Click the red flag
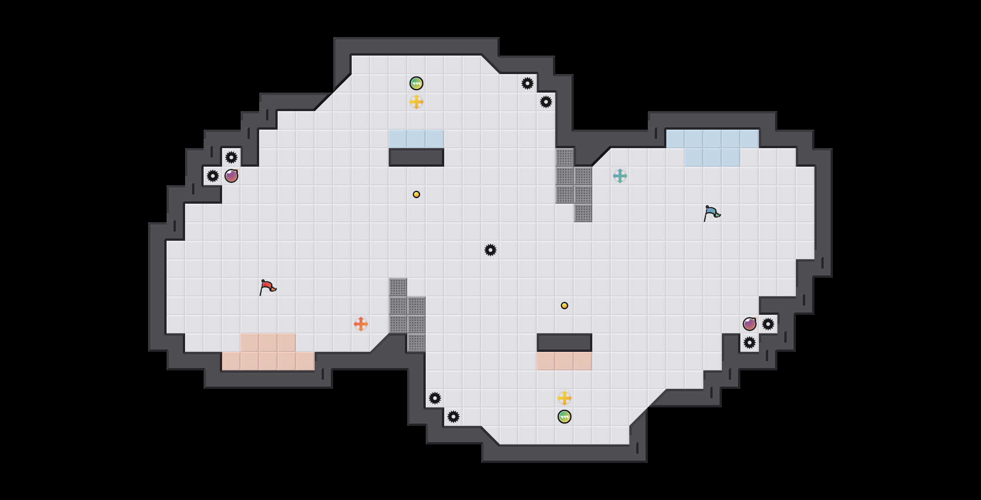[267, 287]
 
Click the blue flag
[712, 213]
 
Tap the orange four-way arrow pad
[361, 324]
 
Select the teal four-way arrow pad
[620, 176]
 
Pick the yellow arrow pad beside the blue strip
[416, 102]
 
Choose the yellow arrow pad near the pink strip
[565, 398]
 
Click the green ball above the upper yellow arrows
[416, 83]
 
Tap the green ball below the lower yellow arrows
[565, 417]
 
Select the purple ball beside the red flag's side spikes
[231, 176]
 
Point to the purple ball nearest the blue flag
[750, 324]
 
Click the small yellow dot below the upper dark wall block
[416, 194]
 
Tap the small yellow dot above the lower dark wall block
[565, 306]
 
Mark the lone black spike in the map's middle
[490, 250]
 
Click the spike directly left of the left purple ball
[213, 176]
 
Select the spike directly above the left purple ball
[231, 157]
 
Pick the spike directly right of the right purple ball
[768, 324]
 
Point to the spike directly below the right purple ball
[750, 343]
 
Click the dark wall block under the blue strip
[416, 157]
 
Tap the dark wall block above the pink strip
[565, 343]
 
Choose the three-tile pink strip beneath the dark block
[565, 361]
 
